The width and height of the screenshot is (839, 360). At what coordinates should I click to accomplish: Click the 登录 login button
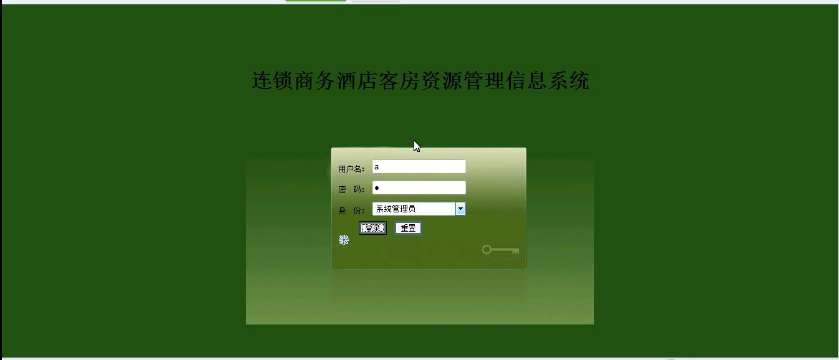pos(372,228)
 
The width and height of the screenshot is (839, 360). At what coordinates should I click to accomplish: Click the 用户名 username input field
pos(419,167)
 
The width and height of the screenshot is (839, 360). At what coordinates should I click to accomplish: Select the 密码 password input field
pos(419,187)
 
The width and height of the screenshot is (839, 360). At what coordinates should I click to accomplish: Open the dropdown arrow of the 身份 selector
pos(460,209)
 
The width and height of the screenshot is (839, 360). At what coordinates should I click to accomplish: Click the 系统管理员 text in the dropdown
pos(396,209)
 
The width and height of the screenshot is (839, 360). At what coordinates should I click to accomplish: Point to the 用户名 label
pos(351,169)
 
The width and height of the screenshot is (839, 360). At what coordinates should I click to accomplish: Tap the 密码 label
pos(351,189)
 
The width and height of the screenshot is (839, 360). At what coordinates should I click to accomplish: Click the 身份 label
pos(351,211)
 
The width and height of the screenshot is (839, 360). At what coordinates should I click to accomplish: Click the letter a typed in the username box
pos(376,167)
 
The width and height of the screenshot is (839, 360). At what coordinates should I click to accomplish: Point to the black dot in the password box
pos(377,187)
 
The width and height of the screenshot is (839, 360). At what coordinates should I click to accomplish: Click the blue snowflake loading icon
pos(344,240)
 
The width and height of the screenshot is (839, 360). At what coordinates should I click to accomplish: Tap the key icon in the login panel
pos(501,250)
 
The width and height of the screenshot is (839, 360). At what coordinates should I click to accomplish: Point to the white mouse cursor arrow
pos(417,146)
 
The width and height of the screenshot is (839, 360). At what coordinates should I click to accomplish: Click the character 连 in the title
pos(262,80)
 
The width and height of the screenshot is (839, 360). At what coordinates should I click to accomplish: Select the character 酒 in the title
pos(347,80)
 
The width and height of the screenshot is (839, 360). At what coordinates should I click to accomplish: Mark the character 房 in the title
pos(410,80)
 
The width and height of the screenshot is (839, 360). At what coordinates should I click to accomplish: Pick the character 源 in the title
pos(452,80)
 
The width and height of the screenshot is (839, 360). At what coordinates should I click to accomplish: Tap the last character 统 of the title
pos(579,80)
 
